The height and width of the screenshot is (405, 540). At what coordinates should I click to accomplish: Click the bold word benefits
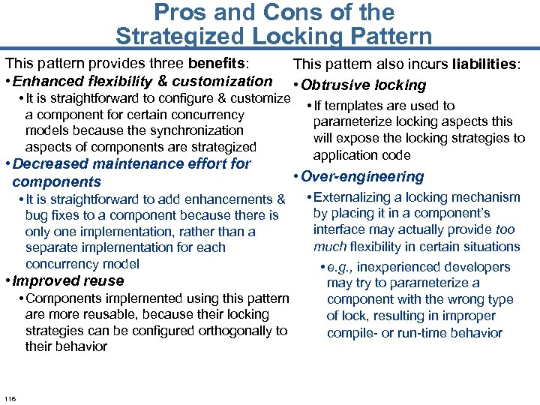pyautogui.click(x=220, y=64)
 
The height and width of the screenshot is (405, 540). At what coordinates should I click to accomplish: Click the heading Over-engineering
pyautogui.click(x=362, y=177)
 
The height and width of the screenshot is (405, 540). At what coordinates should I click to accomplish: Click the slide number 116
pyautogui.click(x=10, y=397)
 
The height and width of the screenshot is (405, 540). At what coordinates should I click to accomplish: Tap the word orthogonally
pyautogui.click(x=239, y=331)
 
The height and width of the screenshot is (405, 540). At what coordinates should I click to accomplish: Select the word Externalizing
pyautogui.click(x=352, y=197)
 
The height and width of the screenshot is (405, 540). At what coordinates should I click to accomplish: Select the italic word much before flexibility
pyautogui.click(x=329, y=247)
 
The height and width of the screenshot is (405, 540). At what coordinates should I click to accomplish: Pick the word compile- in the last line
pyautogui.click(x=351, y=333)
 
